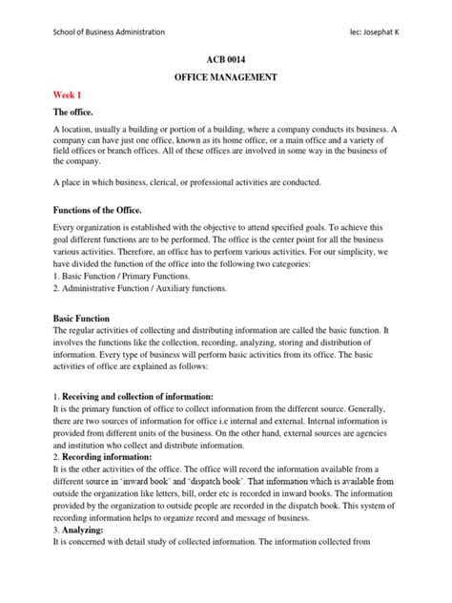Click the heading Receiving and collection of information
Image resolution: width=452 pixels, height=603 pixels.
click(138, 395)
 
